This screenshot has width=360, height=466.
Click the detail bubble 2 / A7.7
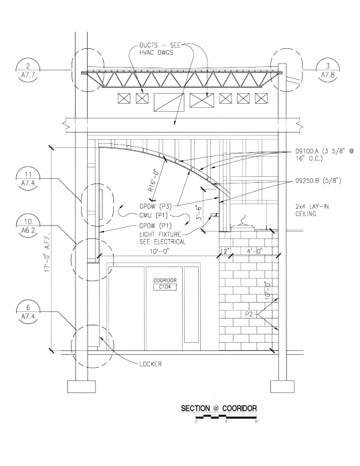tap(28, 70)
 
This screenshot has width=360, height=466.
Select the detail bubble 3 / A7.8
tap(328, 70)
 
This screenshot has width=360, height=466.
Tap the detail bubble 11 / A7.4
tap(28, 178)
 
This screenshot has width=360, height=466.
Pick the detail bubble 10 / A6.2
tap(28, 226)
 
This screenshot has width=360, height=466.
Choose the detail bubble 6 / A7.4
tap(28, 312)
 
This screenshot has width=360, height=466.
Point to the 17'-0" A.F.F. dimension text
tap(48, 252)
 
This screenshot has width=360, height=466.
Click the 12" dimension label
tap(225, 252)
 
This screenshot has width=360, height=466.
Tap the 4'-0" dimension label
tap(254, 252)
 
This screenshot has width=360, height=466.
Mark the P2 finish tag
tap(249, 314)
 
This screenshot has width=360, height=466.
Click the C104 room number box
tap(165, 287)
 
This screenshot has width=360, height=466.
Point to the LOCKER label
tap(151, 364)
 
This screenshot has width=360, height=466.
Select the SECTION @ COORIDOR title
tap(219, 408)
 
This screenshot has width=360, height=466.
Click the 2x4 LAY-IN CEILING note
tap(312, 210)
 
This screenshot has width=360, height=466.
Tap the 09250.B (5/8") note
tap(318, 180)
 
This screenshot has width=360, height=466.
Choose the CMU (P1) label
tap(153, 215)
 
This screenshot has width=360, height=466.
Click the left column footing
tap(82, 386)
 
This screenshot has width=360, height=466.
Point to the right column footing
tap(282, 386)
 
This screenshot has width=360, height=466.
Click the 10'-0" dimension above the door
tap(159, 252)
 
